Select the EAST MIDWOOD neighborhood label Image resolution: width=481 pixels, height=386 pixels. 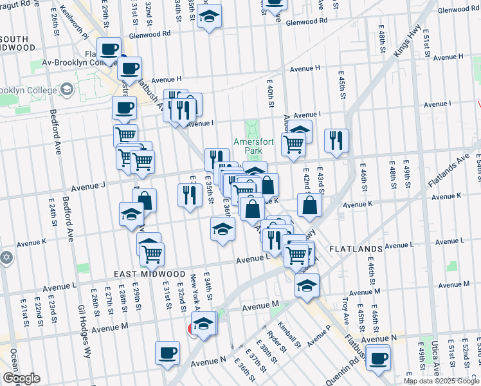coord(150,274)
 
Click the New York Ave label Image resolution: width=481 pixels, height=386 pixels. coord(194,293)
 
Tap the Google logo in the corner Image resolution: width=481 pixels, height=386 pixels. coord(21,378)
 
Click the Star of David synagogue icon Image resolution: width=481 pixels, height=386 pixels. coord(6,257)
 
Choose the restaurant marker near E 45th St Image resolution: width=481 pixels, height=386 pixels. coord(336,140)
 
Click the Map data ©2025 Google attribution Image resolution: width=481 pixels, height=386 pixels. coord(441,381)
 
